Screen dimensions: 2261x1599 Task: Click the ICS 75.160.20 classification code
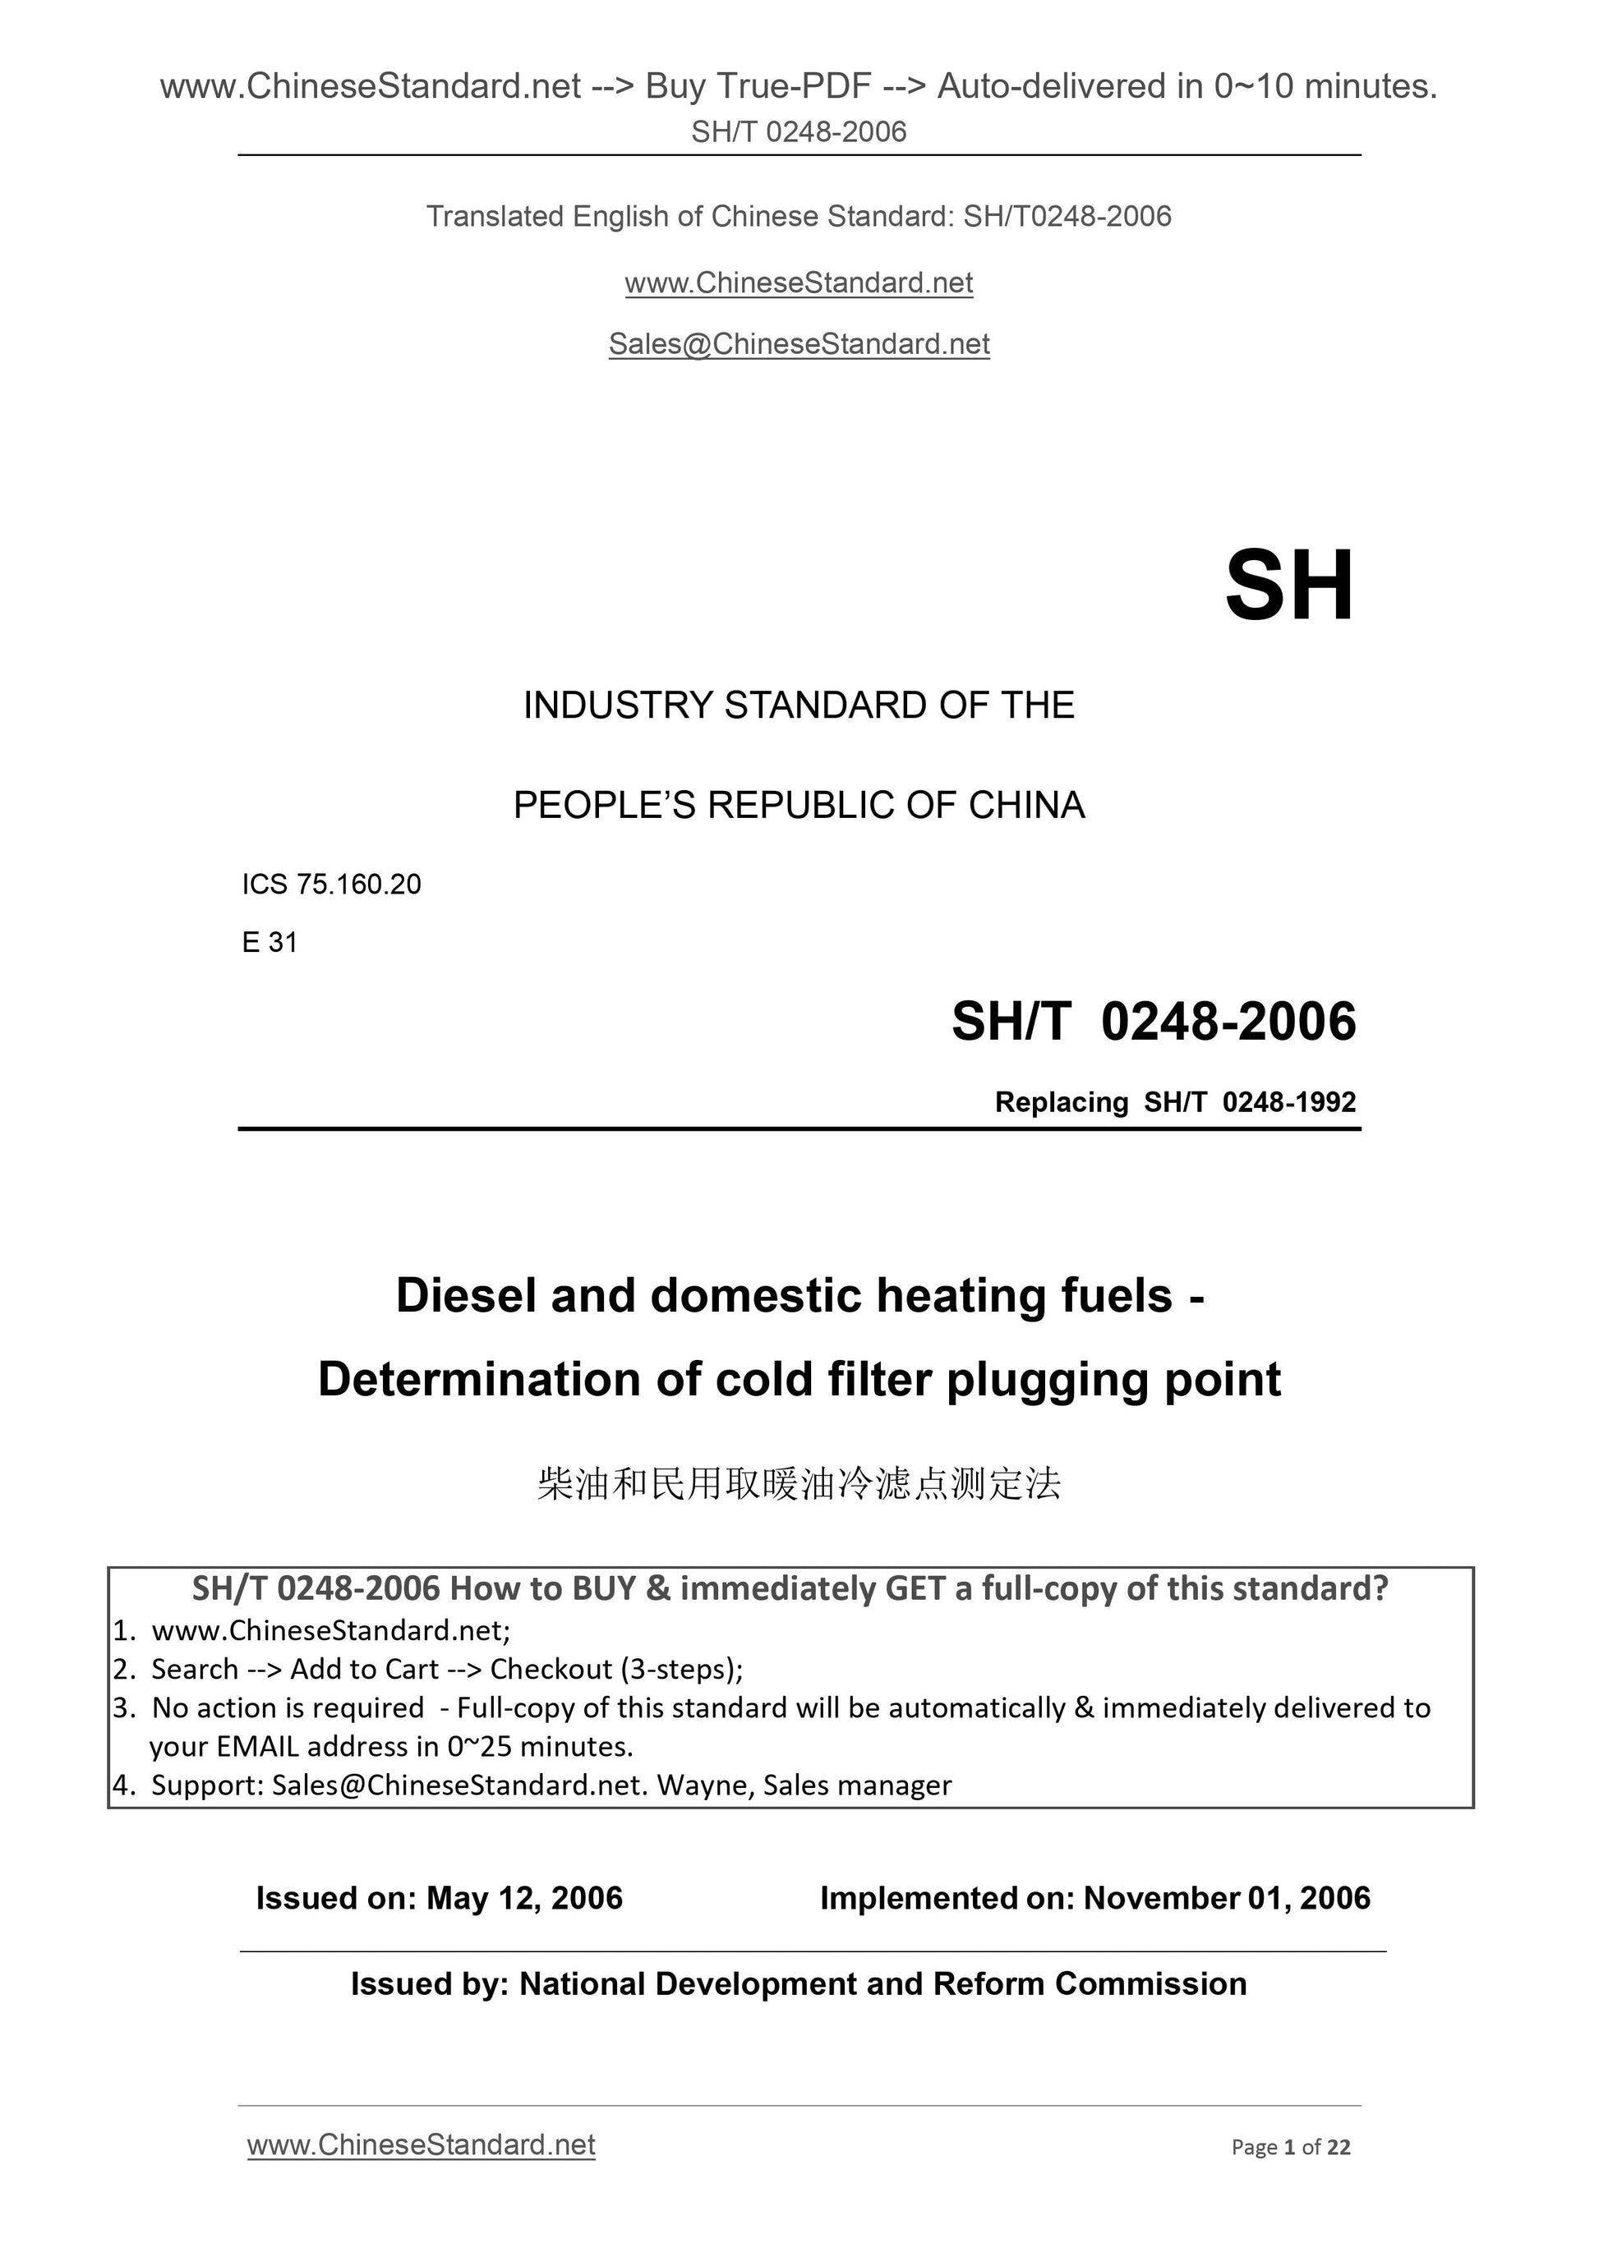pos(331,885)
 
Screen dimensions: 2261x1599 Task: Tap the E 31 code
pos(269,942)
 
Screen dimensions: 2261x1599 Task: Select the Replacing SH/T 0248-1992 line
pos(1174,1102)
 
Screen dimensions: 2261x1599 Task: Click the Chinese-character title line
pos(799,1483)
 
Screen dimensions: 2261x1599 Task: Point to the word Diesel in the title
pos(466,1296)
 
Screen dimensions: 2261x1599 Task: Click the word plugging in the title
pos(1048,1380)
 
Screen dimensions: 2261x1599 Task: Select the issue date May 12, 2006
pos(524,1898)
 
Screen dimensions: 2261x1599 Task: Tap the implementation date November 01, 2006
pos(1227,1898)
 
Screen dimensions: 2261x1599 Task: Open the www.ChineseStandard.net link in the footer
pos(421,2145)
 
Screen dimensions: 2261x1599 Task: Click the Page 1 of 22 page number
pos(1291,2147)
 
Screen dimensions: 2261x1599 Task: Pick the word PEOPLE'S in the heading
pos(603,806)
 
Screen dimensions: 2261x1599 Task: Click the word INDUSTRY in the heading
pos(618,705)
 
